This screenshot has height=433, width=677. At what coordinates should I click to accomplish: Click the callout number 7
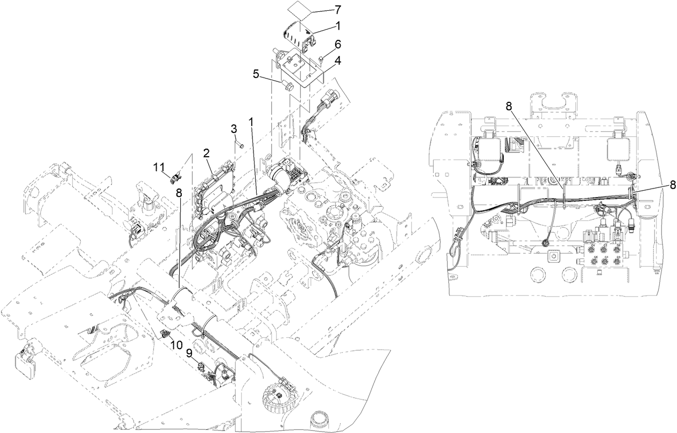point(337,9)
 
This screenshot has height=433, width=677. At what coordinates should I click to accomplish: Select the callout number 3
point(234,129)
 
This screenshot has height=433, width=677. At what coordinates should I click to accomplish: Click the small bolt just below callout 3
point(241,145)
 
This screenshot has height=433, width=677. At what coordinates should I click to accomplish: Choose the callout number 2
point(206,153)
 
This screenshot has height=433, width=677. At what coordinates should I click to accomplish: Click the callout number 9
point(189,353)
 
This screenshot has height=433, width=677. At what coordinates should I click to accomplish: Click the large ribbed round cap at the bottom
point(280,402)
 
